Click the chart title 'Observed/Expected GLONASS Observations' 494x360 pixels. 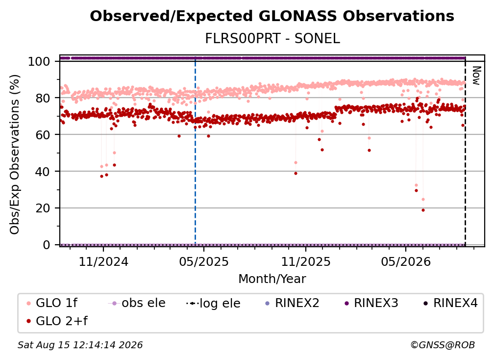click(x=272, y=16)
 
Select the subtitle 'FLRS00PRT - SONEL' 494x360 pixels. click(x=272, y=39)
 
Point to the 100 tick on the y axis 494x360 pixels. click(x=39, y=61)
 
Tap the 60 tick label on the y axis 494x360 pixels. click(x=43, y=135)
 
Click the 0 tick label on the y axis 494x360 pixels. click(x=47, y=245)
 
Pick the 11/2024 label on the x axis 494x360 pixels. click(x=103, y=261)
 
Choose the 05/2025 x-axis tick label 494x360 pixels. click(x=204, y=261)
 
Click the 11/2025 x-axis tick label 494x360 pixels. click(x=306, y=261)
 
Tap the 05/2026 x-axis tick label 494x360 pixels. click(x=406, y=261)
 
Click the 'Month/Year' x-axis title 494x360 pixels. click(x=272, y=279)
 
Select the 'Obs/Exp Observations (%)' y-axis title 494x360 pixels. click(x=15, y=154)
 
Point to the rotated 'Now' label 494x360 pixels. click(x=476, y=76)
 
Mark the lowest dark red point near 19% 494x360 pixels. click(x=423, y=210)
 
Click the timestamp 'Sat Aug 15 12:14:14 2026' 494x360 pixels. click(x=80, y=345)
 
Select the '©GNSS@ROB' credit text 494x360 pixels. click(x=443, y=345)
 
